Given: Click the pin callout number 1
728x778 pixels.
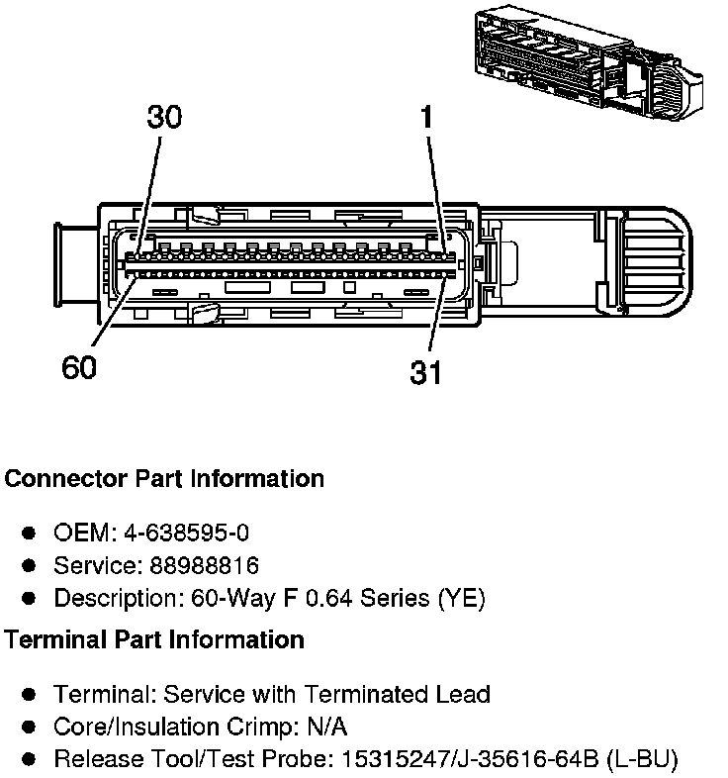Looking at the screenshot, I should pyautogui.click(x=426, y=118).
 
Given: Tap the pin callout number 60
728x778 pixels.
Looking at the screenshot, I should pyautogui.click(x=80, y=368).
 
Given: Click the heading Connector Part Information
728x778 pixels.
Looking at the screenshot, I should pyautogui.click(x=164, y=479).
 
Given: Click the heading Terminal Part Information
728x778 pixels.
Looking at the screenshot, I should pyautogui.click(x=153, y=639).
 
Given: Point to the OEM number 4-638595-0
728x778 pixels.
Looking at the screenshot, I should pyautogui.click(x=186, y=533).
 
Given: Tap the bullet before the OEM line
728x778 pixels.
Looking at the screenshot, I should pyautogui.click(x=30, y=534).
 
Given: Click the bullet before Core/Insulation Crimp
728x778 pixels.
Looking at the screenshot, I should pyautogui.click(x=30, y=728).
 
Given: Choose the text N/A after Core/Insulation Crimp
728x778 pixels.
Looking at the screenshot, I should pyautogui.click(x=327, y=728).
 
